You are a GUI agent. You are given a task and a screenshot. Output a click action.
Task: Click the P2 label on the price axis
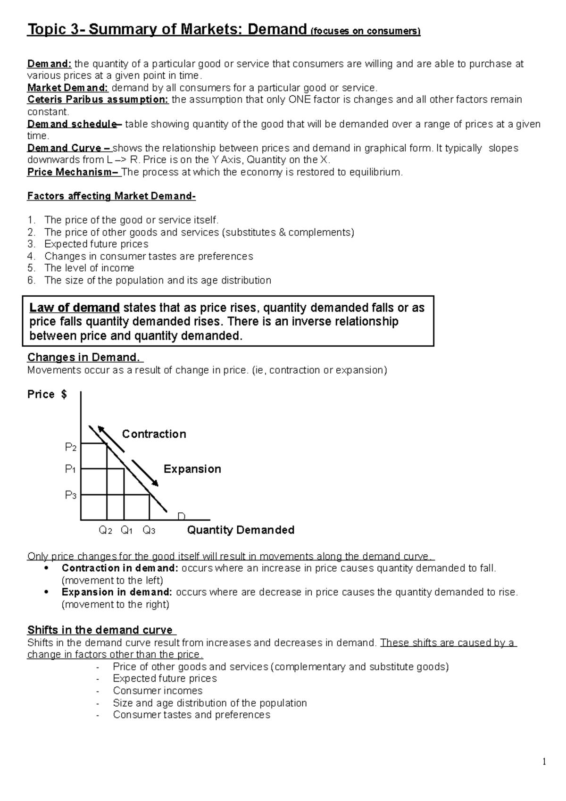pyautogui.click(x=71, y=447)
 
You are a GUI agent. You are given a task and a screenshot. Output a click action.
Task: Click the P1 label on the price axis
pyautogui.click(x=71, y=469)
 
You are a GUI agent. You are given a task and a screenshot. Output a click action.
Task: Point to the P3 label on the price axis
pyautogui.click(x=71, y=495)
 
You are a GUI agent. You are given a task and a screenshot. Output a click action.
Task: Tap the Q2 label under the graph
pyautogui.click(x=105, y=531)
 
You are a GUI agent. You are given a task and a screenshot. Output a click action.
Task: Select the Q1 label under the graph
pyautogui.click(x=127, y=531)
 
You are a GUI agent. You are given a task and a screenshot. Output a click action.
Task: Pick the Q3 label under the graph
pyautogui.click(x=149, y=531)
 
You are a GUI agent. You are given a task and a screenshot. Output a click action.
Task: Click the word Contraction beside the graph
pyautogui.click(x=154, y=434)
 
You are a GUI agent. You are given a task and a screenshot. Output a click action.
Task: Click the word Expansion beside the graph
pyautogui.click(x=192, y=469)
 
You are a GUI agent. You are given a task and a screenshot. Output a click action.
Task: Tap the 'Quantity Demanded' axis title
pyautogui.click(x=241, y=530)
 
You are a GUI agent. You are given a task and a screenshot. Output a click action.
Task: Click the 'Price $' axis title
pyautogui.click(x=47, y=395)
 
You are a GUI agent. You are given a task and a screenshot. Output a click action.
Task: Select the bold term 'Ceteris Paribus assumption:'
pyautogui.click(x=98, y=100)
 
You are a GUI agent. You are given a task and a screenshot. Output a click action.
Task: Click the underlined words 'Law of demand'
pyautogui.click(x=75, y=308)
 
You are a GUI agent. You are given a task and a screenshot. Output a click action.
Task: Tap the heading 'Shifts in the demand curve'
pyautogui.click(x=100, y=630)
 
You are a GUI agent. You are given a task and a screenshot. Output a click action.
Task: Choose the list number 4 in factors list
pyautogui.click(x=31, y=256)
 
